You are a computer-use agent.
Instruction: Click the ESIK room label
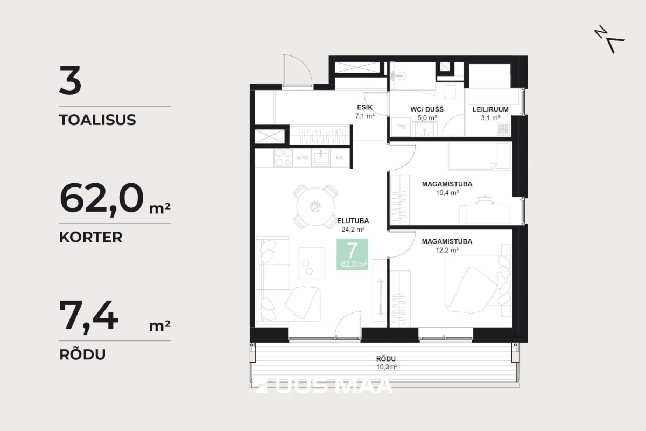coord(365,107)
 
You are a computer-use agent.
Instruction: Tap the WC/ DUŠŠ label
coord(427,109)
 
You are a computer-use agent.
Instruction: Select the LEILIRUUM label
coord(490,109)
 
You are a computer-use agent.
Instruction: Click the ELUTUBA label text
coord(353,221)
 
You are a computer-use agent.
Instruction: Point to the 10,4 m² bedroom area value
coord(447,192)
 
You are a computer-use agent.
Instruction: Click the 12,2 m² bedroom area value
coord(447,250)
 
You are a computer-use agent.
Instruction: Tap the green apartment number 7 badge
coord(352,254)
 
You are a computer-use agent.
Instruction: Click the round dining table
coord(315,206)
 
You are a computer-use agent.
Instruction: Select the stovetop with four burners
coord(283,158)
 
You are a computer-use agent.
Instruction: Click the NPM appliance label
coord(302,158)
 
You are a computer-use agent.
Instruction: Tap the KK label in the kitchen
coord(340,158)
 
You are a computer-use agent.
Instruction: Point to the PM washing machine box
coord(401,127)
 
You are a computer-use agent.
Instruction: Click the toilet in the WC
coord(449,91)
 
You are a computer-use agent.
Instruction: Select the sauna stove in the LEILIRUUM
coord(503,129)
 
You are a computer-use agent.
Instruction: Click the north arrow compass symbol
coord(609,39)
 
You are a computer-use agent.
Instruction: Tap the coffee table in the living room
coord(311,263)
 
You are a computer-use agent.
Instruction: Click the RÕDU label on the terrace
coord(386,359)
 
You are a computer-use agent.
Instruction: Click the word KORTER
coord(91,237)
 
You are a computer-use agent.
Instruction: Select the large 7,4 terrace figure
coord(89,316)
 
